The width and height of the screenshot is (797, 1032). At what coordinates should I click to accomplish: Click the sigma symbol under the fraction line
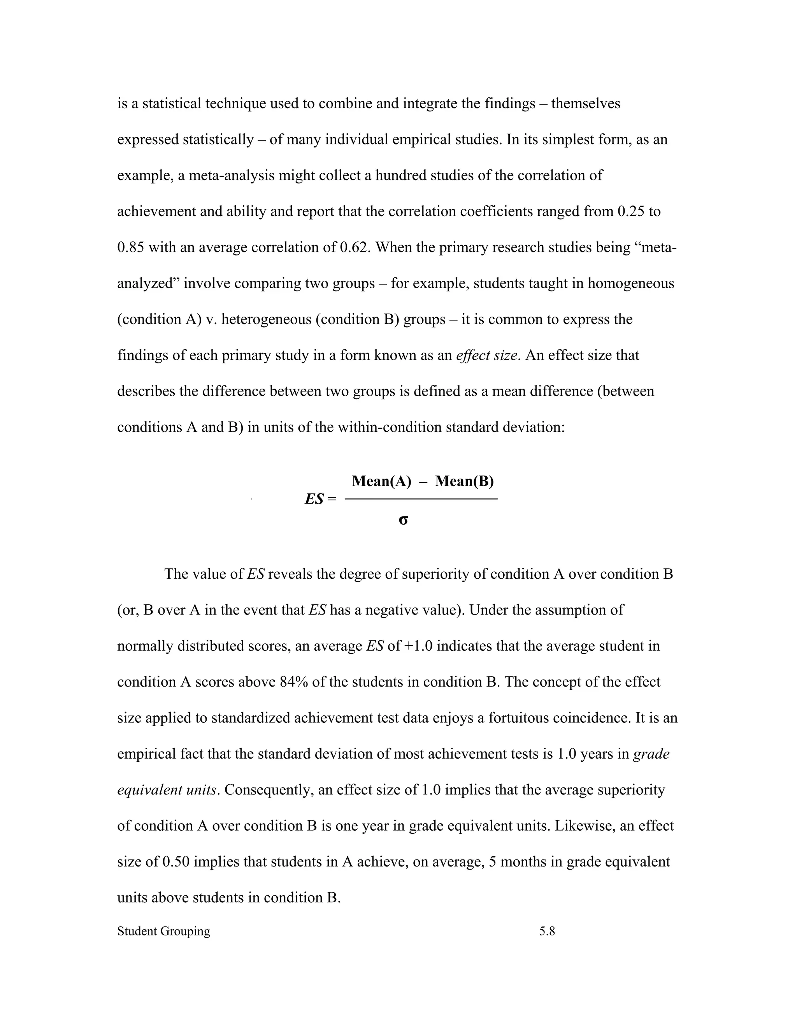pos(403,520)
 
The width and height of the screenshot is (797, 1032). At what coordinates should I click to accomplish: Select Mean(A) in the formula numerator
pos(381,481)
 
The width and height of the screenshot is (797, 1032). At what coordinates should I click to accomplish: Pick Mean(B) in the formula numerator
pos(464,481)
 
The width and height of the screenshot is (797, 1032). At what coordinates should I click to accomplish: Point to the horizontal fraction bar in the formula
pos(421,499)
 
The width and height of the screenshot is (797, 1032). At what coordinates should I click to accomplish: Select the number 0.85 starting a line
pos(131,248)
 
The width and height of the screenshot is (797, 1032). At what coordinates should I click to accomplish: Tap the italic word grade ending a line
pos(651,754)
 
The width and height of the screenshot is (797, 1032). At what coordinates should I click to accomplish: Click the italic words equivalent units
pos(167,790)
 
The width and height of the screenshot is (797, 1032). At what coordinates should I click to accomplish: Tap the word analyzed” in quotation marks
pos(148,284)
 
